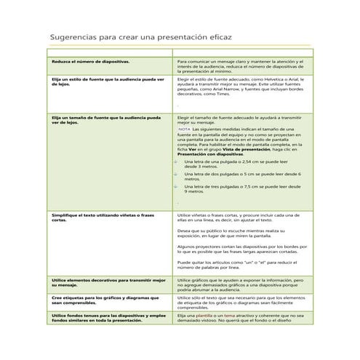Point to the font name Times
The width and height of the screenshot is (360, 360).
pyautogui.click(x=233, y=95)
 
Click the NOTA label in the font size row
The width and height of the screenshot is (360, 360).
pyautogui.click(x=184, y=129)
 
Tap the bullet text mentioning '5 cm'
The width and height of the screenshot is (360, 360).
pyautogui.click(x=240, y=175)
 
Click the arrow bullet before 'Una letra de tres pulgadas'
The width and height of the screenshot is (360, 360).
pyautogui.click(x=175, y=186)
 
